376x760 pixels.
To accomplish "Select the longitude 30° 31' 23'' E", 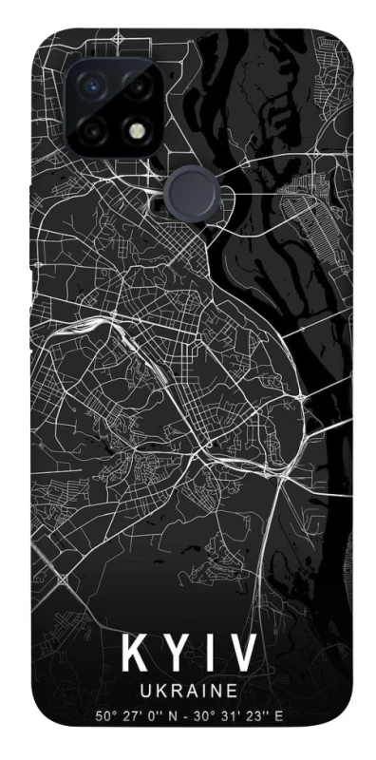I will tap(241, 715).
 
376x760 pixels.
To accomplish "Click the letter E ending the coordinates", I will tap(280, 715).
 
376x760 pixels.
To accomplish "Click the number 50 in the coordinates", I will tap(102, 715).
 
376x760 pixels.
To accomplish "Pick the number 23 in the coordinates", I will tap(254, 715).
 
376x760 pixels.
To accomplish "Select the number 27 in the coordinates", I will tap(128, 715).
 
